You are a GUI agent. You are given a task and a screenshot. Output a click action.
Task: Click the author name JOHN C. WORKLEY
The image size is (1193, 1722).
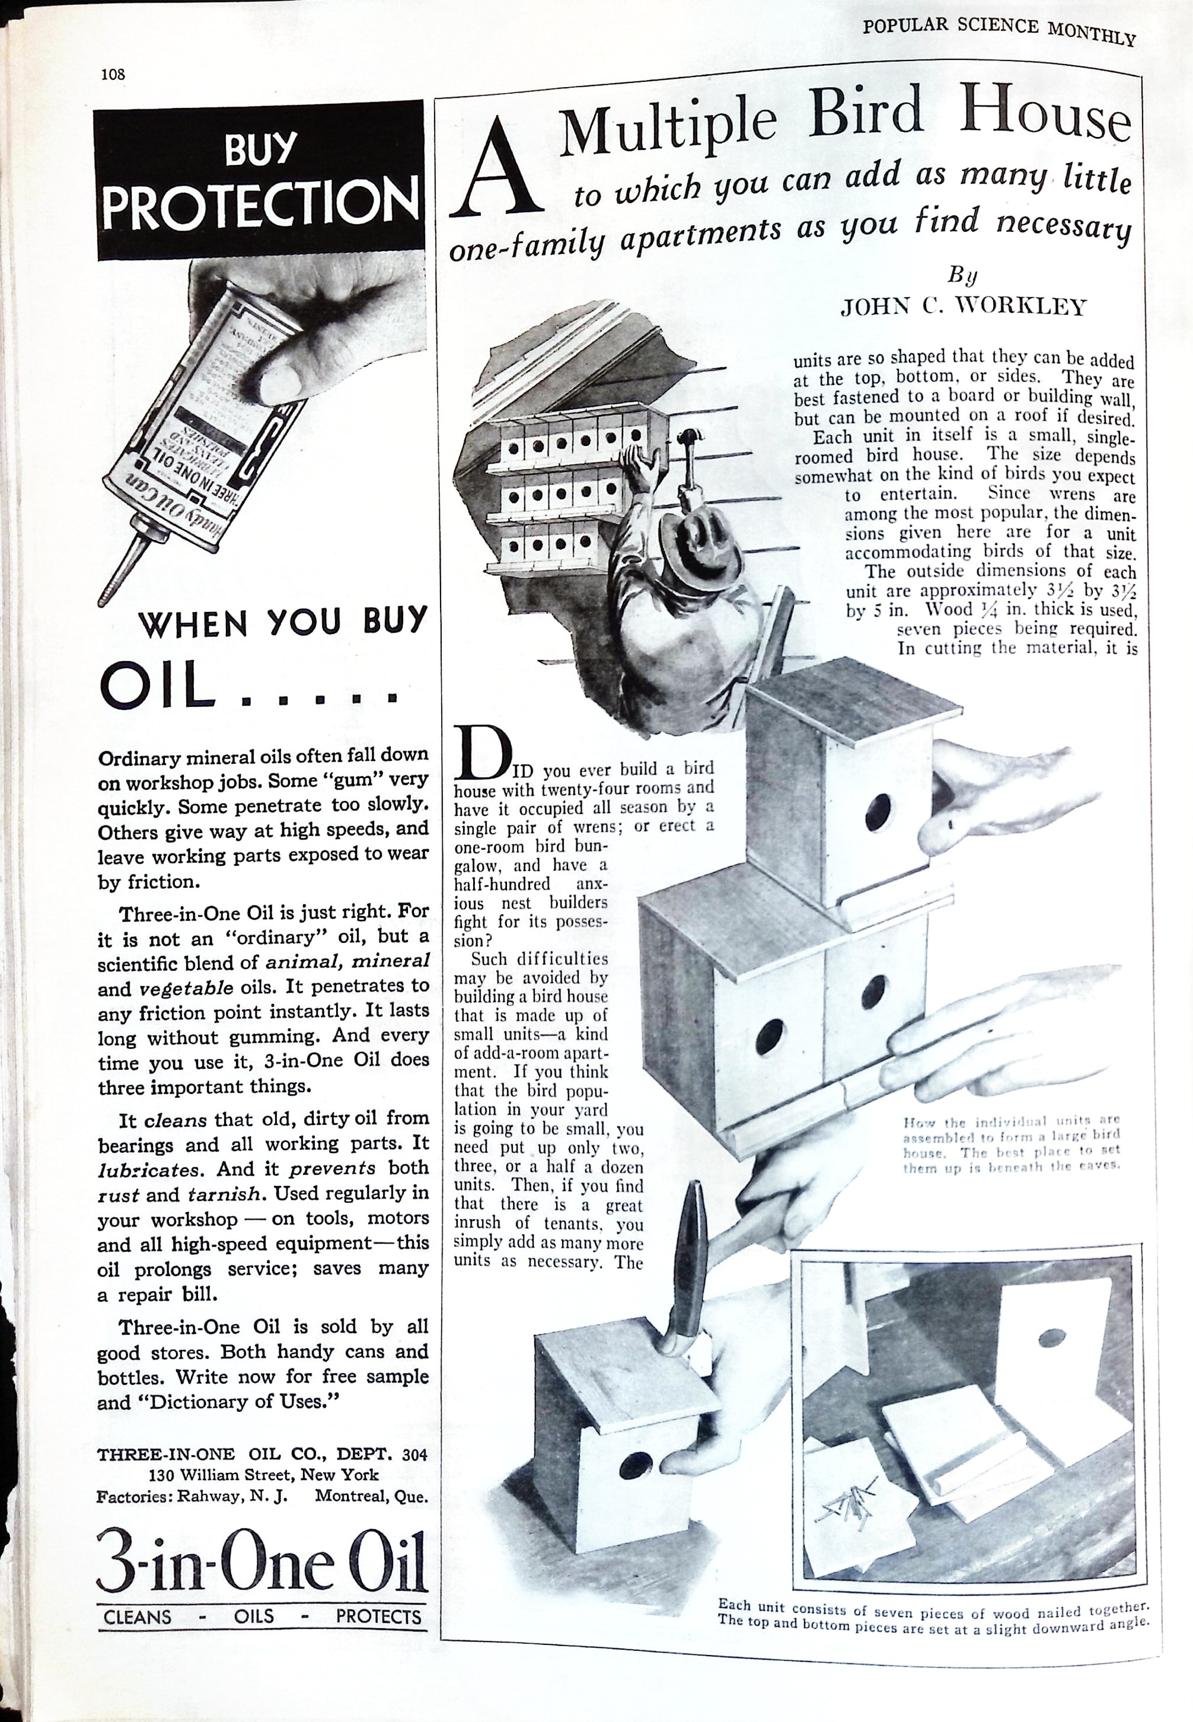[963, 307]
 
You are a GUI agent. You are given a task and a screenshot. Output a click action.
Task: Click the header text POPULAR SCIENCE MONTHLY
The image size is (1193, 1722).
[999, 31]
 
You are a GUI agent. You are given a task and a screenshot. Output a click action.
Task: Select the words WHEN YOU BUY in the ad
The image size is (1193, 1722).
[283, 623]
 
